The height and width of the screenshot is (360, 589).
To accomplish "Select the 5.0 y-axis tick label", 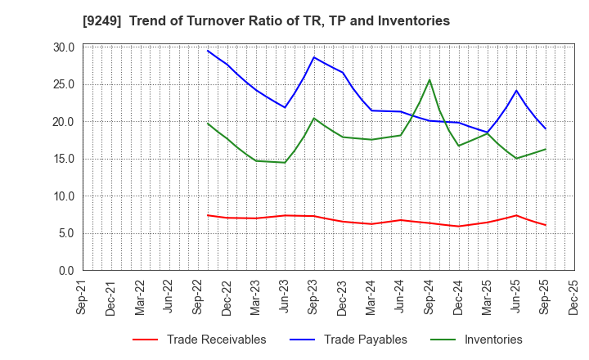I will [66, 233].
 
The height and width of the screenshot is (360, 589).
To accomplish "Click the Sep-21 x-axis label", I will [83, 298].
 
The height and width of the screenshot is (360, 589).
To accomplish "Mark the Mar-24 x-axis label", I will [372, 298].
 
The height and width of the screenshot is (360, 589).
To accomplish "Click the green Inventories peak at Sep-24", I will [429, 80].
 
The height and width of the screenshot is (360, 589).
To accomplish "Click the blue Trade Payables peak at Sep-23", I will [313, 57].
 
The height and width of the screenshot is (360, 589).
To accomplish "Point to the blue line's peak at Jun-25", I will [516, 91].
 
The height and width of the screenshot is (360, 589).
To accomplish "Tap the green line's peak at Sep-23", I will [313, 118].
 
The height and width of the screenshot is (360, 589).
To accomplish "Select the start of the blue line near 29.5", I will [208, 51].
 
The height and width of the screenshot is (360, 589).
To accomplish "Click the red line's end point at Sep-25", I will [545, 225].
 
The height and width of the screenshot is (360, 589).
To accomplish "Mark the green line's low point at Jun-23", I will [285, 162].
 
